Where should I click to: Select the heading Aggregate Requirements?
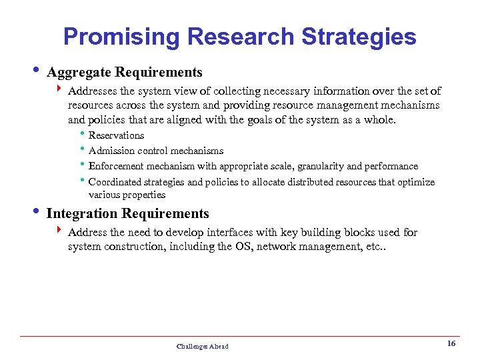pyautogui.click(x=125, y=72)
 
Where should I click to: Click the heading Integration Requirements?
pyautogui.click(x=127, y=214)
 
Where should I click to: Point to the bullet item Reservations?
pyautogui.click(x=116, y=136)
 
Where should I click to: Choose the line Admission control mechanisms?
pyautogui.click(x=156, y=151)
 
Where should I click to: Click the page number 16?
pyautogui.click(x=451, y=344)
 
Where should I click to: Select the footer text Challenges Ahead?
pyautogui.click(x=202, y=346)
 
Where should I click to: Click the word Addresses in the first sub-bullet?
pyautogui.click(x=92, y=91)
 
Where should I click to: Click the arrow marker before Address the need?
pyautogui.click(x=59, y=232)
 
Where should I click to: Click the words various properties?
pyautogui.click(x=127, y=195)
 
